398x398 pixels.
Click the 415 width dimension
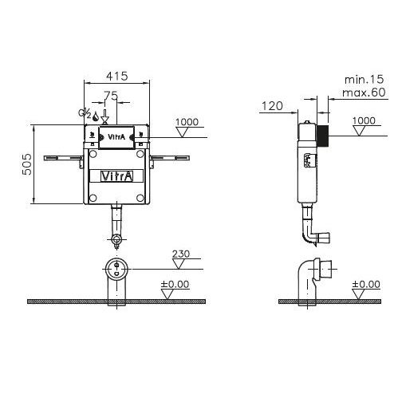[117, 77]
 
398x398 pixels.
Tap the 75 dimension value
[111, 95]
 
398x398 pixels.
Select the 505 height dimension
[26, 164]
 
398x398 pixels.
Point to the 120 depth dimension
[272, 106]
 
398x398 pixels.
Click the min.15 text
[364, 80]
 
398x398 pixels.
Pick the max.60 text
[364, 93]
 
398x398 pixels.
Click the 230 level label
[181, 254]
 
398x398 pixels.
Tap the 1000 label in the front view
[187, 122]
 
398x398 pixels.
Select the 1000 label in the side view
[364, 120]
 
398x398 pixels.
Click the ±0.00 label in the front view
[175, 284]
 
